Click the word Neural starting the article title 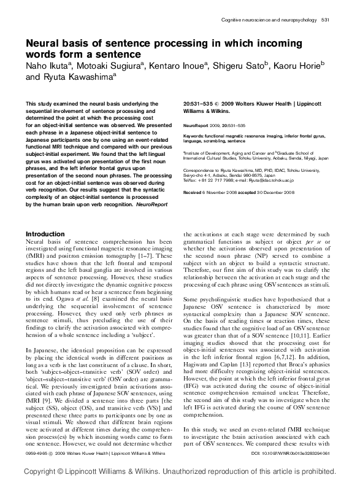(44, 44)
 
